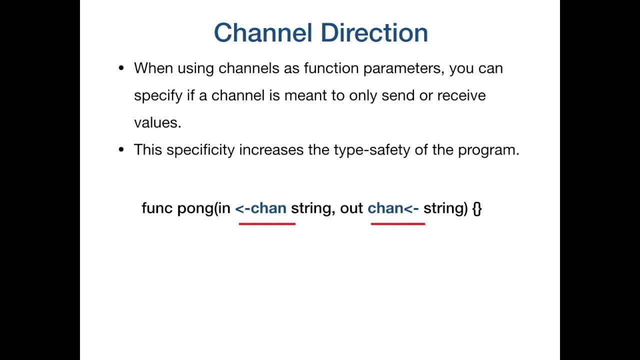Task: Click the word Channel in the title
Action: click(x=264, y=33)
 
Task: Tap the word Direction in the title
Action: click(x=374, y=33)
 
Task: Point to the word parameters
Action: click(x=403, y=68)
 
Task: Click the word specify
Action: click(x=158, y=96)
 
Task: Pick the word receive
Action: click(x=461, y=95)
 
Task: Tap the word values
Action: click(x=157, y=123)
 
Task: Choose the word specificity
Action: click(x=200, y=150)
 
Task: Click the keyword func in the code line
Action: click(x=157, y=208)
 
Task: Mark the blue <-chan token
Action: click(x=261, y=208)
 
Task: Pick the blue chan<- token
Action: click(x=393, y=208)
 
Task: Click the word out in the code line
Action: click(x=351, y=208)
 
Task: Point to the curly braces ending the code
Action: click(x=476, y=208)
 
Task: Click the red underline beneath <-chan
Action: click(x=267, y=224)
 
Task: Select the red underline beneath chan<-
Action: click(x=398, y=224)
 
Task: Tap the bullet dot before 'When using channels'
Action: click(x=121, y=68)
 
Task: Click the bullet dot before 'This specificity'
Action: click(x=121, y=150)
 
